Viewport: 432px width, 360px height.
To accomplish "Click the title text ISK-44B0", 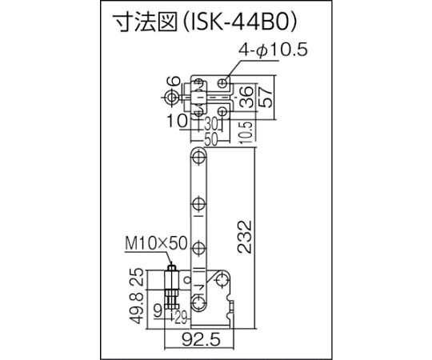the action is (x=240, y=22).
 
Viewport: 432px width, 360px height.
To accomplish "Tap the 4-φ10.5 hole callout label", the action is (x=273, y=50).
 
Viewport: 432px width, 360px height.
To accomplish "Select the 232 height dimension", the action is (x=245, y=237).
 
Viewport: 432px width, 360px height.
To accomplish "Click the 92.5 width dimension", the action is (x=201, y=340).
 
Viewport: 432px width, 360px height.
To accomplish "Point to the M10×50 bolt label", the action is (x=156, y=243).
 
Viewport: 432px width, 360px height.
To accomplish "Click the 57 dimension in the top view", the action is (x=266, y=98).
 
